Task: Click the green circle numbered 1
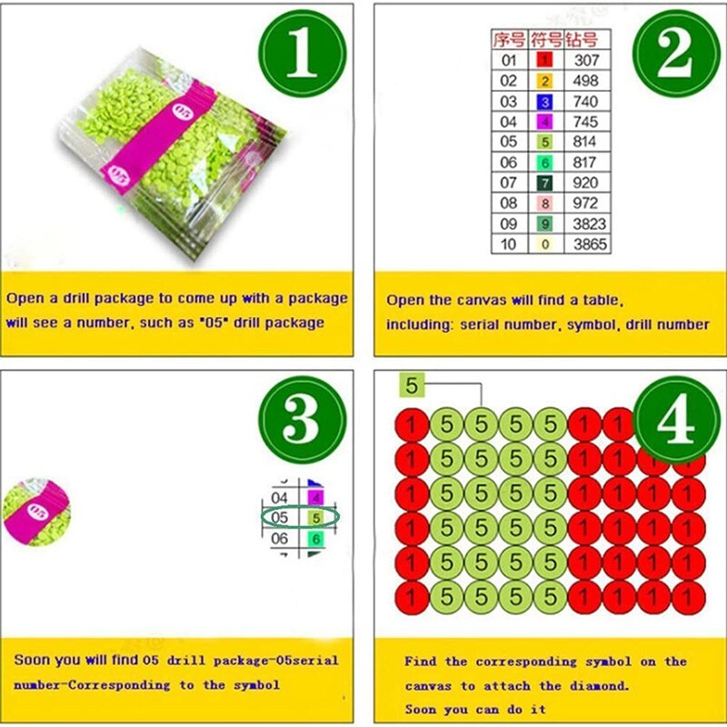pos(303,53)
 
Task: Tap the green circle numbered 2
pos(676,53)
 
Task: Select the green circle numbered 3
pos(303,420)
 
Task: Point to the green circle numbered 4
pos(676,420)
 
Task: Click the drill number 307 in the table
pos(586,60)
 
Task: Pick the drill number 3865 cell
pos(590,244)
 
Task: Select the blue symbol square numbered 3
pos(544,102)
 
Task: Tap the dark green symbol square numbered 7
pos(544,183)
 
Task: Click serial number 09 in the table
pos(508,224)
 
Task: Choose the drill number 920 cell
pos(585,183)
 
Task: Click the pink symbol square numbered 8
pos(544,203)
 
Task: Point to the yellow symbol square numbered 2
pos(544,81)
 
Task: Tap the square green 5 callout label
pos(412,385)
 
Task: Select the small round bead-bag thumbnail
pos(36,512)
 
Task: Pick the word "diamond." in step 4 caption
pos(600,685)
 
